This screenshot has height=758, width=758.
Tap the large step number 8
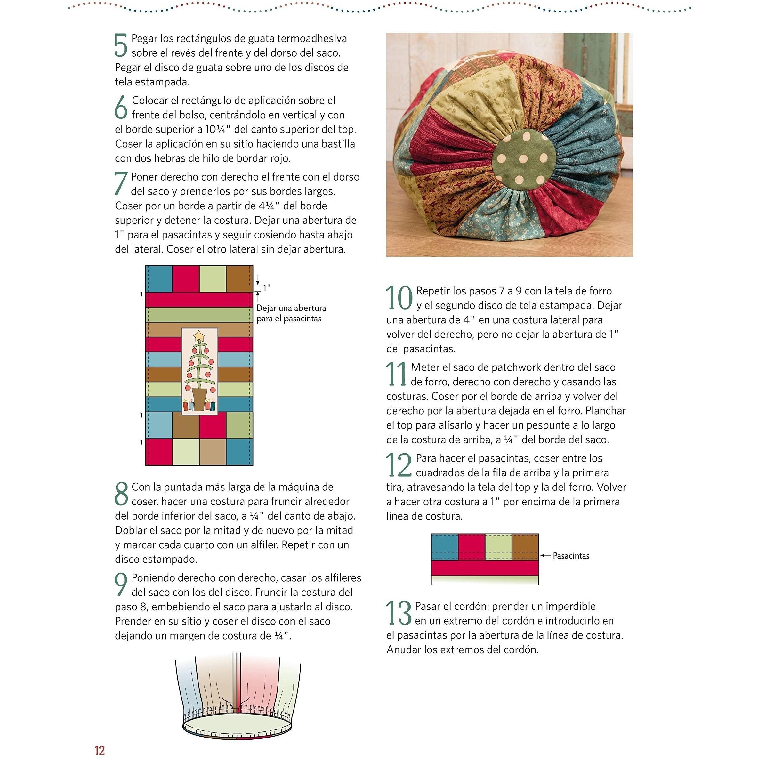121,494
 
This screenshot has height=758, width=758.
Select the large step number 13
399,613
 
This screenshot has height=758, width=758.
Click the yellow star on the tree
199,335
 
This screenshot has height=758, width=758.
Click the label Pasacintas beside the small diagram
571,556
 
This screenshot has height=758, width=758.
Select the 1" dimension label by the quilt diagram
267,288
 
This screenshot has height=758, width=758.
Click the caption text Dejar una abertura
291,308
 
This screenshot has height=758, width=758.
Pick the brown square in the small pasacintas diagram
525,547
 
